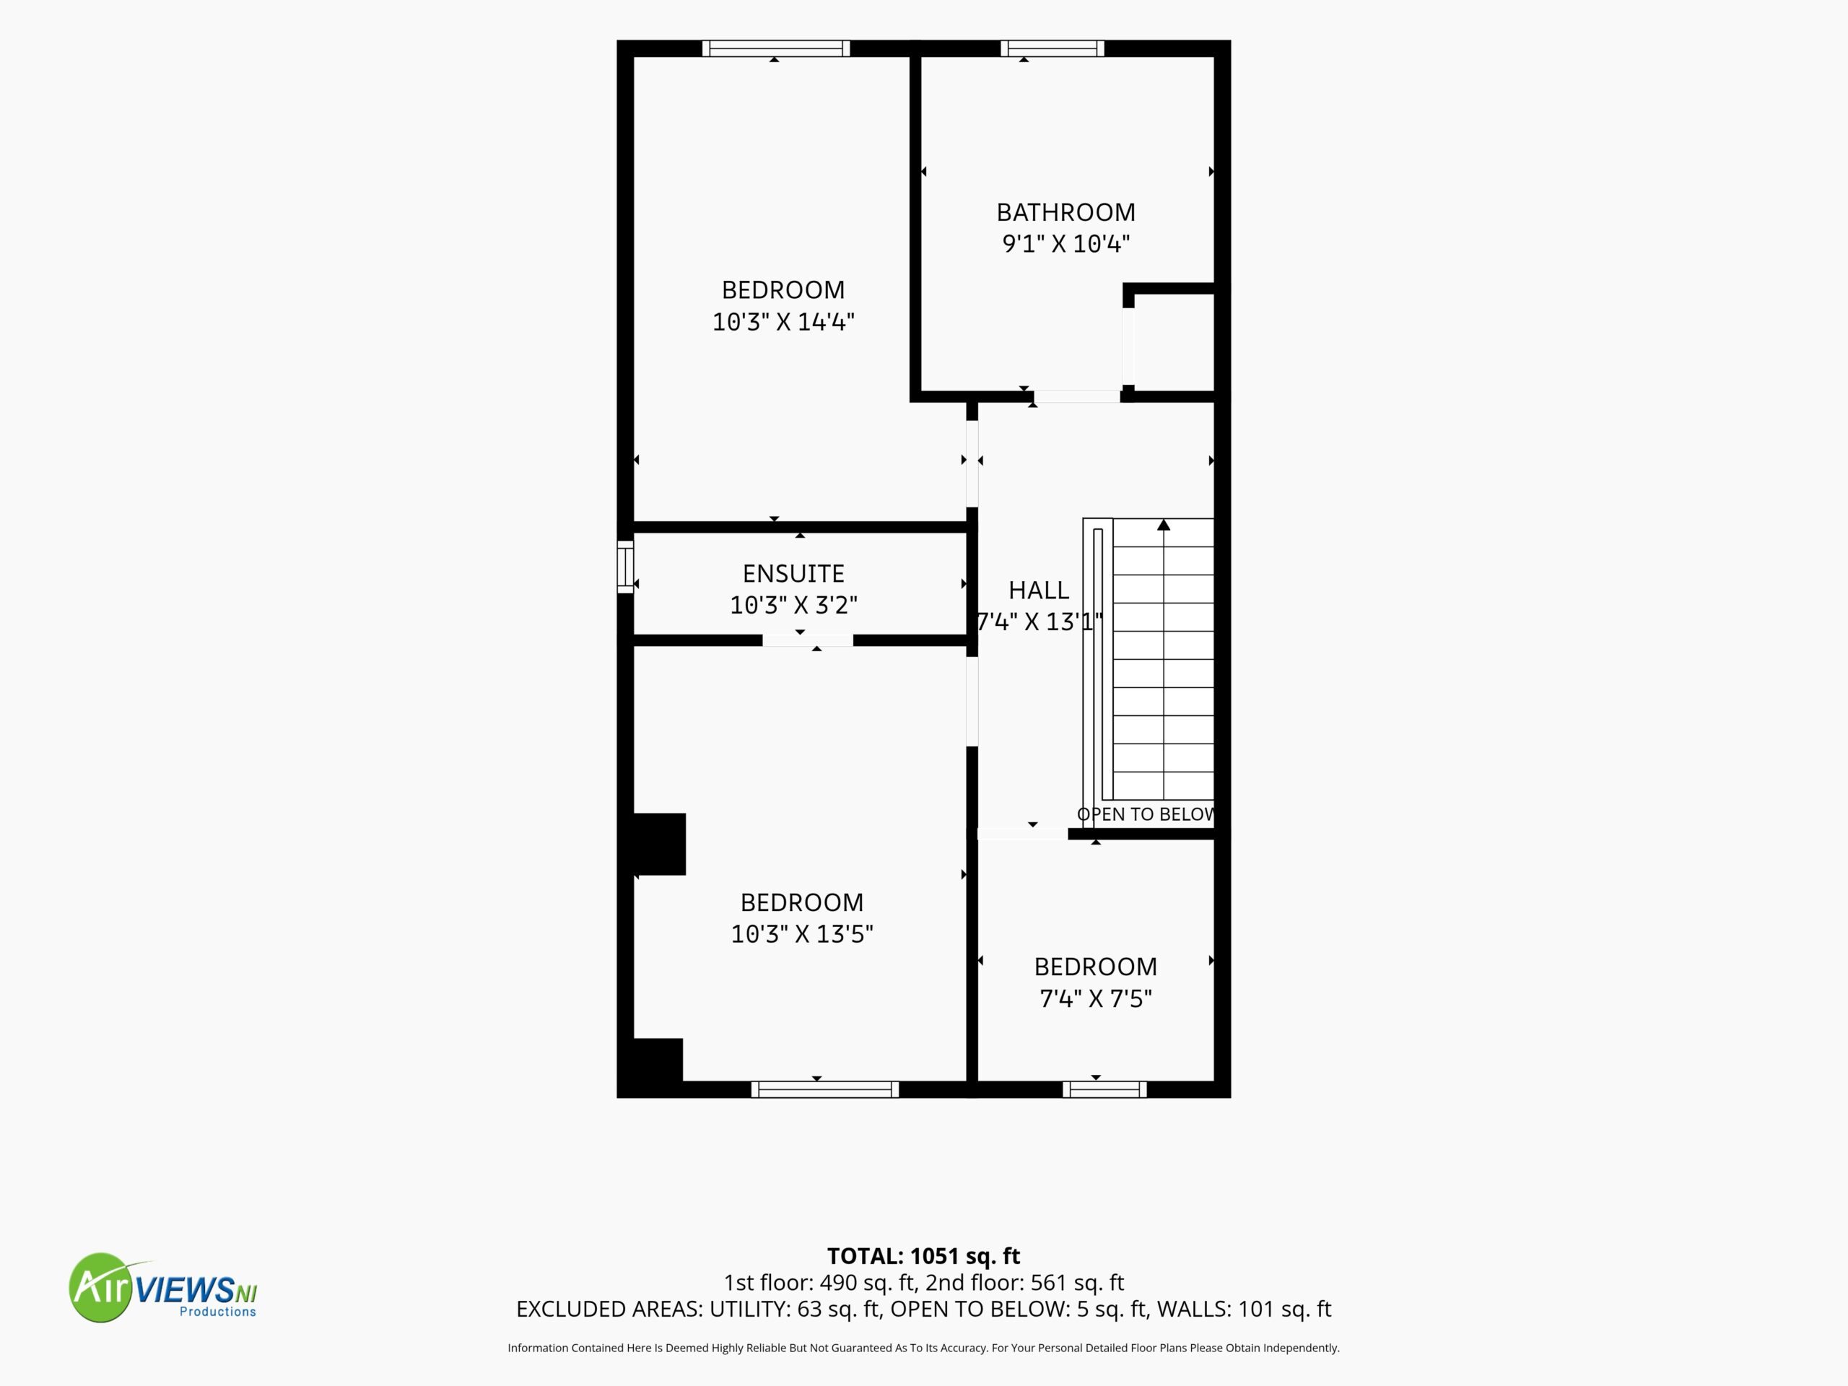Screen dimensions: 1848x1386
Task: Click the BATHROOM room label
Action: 1065,212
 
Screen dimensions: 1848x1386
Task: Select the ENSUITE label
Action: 793,573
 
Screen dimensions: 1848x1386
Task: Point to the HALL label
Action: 1039,590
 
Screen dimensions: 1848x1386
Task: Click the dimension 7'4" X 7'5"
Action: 1095,998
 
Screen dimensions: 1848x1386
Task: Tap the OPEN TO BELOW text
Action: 1146,814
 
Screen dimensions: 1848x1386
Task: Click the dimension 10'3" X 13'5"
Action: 802,934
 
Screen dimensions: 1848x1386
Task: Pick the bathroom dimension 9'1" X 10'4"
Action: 1065,244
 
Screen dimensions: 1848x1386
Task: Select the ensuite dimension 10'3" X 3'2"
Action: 793,605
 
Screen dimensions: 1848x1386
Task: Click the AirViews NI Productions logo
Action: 163,1287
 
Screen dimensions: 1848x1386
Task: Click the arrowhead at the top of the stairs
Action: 1164,525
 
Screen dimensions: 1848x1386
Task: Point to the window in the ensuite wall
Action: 625,567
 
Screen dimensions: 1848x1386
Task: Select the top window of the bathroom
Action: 1052,48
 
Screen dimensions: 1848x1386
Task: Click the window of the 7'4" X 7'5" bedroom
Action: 1104,1089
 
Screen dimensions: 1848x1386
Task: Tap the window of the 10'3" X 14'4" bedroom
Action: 775,48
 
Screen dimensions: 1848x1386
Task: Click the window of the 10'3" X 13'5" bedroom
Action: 824,1089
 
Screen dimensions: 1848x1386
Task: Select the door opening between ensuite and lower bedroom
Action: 807,641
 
